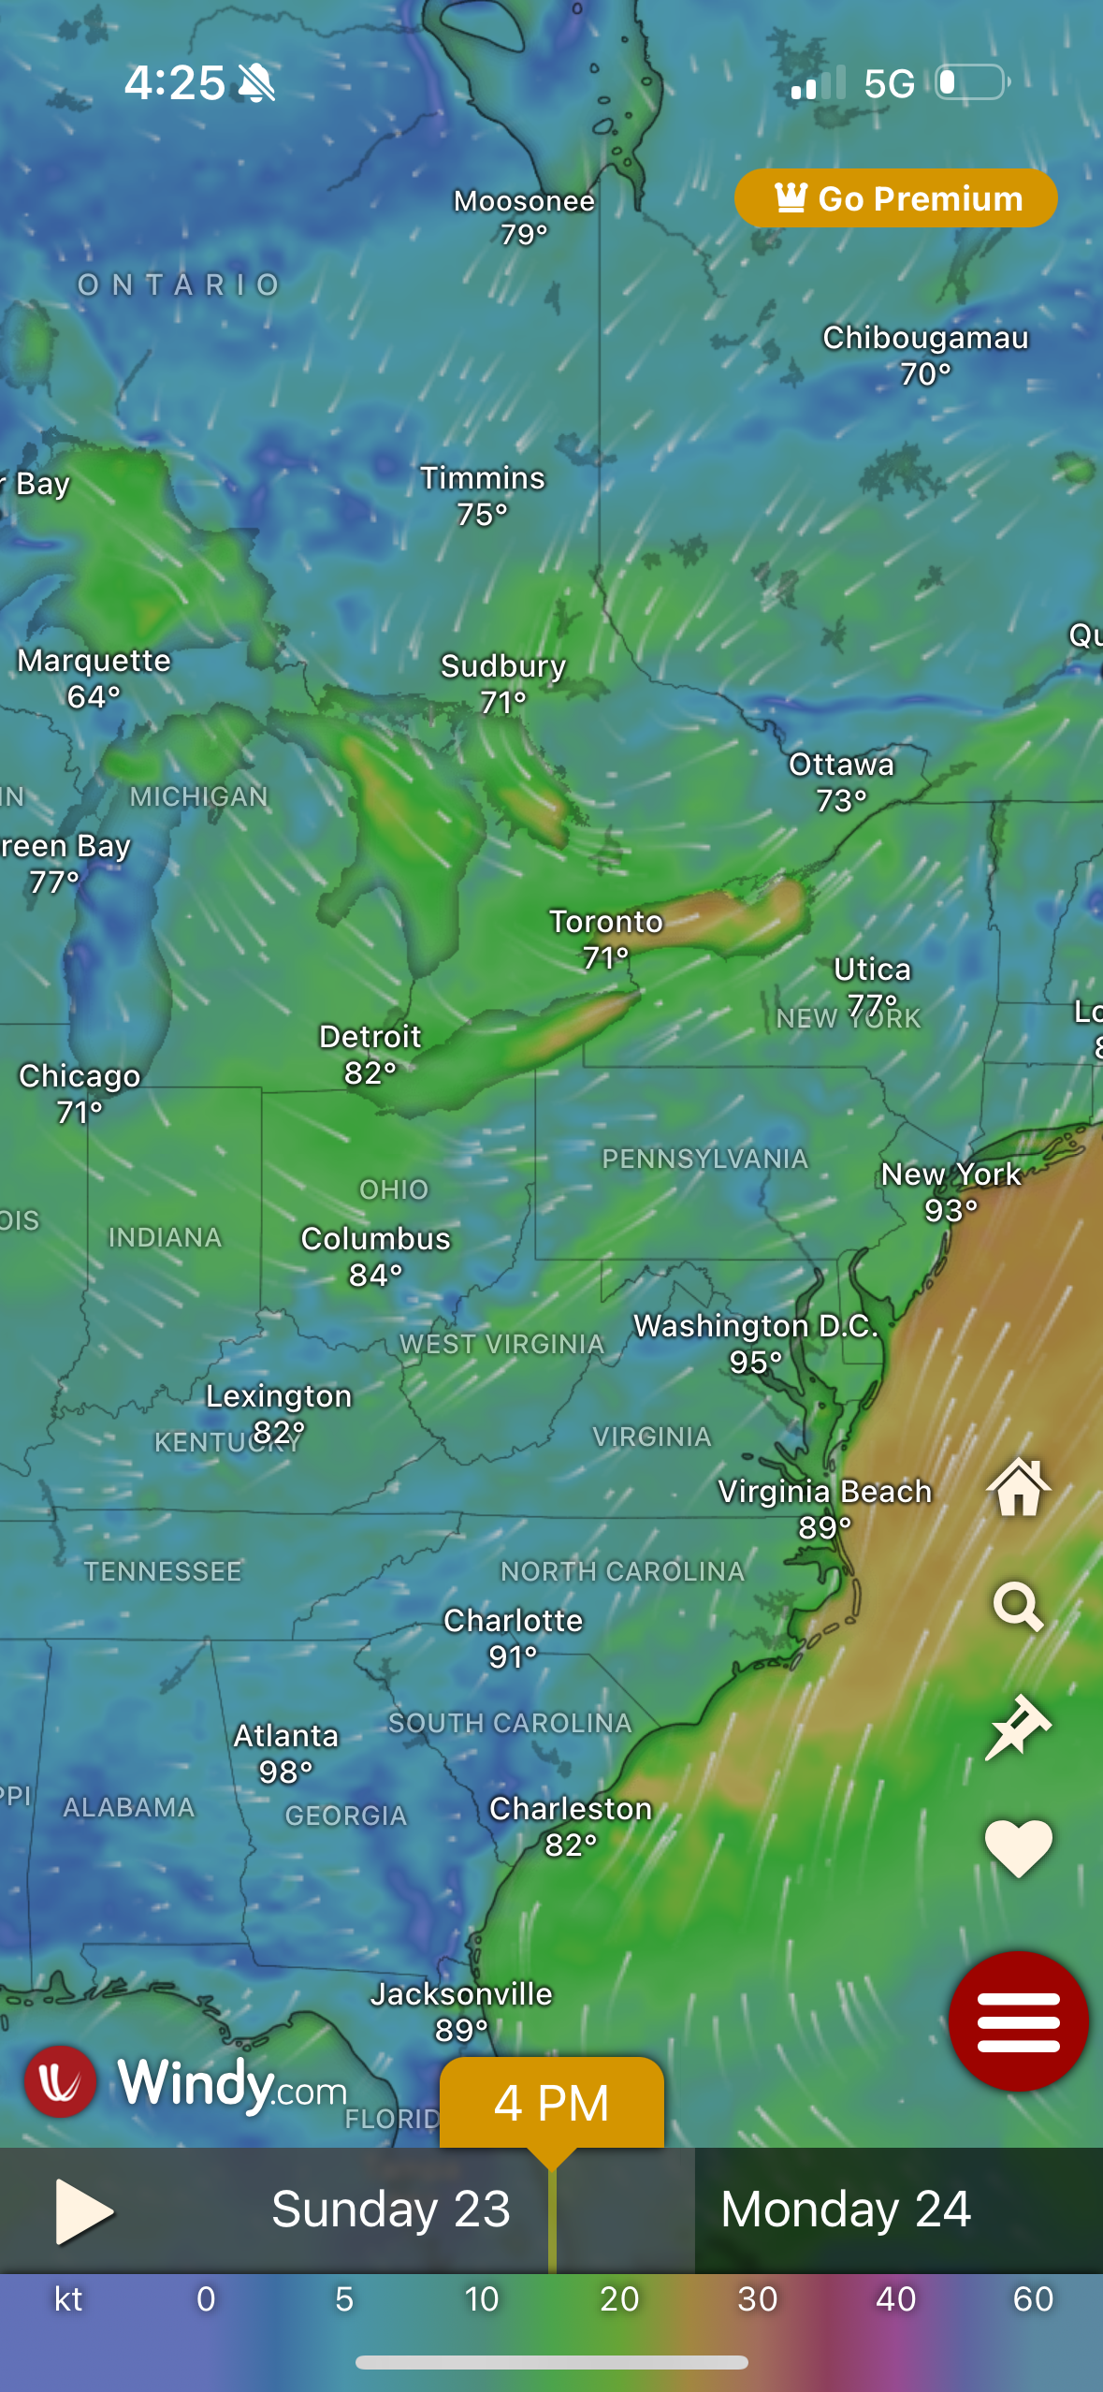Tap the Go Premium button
(x=895, y=198)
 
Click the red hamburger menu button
(x=1018, y=2020)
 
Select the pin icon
(x=1018, y=1727)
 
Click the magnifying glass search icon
(x=1018, y=1607)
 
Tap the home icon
(x=1018, y=1487)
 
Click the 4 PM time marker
(x=551, y=2103)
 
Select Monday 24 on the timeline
(x=846, y=2210)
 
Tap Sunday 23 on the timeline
(x=390, y=2210)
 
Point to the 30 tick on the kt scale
(x=757, y=2298)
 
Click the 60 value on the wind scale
(x=1033, y=2298)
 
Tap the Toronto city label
(x=605, y=922)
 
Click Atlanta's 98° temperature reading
(x=285, y=1772)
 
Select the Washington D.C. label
(x=756, y=1326)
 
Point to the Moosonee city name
(x=524, y=200)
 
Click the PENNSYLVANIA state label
(x=704, y=1159)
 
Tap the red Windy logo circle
(x=61, y=2082)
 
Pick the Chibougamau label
(x=925, y=338)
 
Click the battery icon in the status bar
(x=973, y=82)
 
